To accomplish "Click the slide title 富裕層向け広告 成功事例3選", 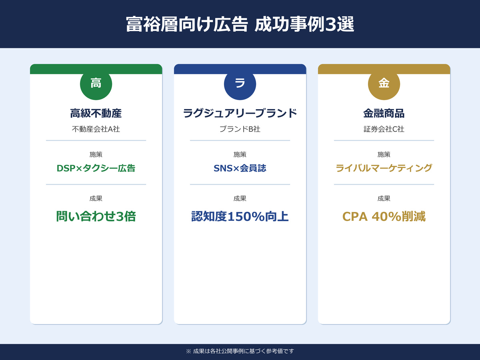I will (240, 24).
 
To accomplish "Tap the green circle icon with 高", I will (96, 84).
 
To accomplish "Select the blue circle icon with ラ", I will (240, 84).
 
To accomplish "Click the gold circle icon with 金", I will (384, 84).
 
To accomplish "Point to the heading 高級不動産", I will (96, 114).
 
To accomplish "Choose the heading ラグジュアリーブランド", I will (240, 114).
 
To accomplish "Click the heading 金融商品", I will (384, 114).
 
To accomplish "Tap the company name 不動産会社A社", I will (96, 130).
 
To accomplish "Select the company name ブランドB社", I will (240, 130).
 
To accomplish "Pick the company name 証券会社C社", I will (384, 130).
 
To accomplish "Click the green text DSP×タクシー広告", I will (96, 168).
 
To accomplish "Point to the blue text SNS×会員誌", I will (240, 168).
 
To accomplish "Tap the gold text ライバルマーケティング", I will (384, 168).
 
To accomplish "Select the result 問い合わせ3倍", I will (96, 216).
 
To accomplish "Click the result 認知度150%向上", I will (240, 216).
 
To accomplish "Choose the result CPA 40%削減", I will (384, 216).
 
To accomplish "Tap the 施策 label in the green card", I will (96, 154).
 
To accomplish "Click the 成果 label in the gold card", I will (384, 198).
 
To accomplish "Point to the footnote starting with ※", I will (240, 351).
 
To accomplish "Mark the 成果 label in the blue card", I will (240, 198).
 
